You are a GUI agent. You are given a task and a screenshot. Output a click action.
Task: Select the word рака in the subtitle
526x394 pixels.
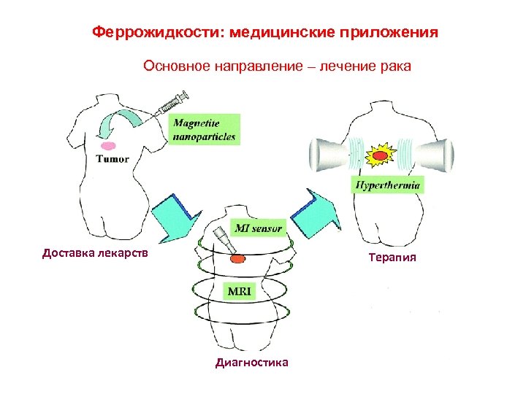tap(395, 66)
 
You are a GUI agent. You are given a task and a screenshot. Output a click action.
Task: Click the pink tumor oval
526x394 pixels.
tap(108, 146)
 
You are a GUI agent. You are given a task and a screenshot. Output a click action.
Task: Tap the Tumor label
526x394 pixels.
tap(112, 159)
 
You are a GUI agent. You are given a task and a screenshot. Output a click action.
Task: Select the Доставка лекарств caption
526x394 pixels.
tap(95, 253)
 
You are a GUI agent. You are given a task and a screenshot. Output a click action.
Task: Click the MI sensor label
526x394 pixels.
tap(256, 228)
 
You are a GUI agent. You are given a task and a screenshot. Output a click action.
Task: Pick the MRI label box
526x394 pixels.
tap(239, 291)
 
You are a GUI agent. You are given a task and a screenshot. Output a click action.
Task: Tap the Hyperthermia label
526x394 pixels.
tap(388, 185)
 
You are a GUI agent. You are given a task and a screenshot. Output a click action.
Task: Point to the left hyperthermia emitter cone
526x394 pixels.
tap(329, 155)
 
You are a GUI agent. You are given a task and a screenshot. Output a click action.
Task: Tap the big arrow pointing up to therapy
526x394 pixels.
tap(315, 212)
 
